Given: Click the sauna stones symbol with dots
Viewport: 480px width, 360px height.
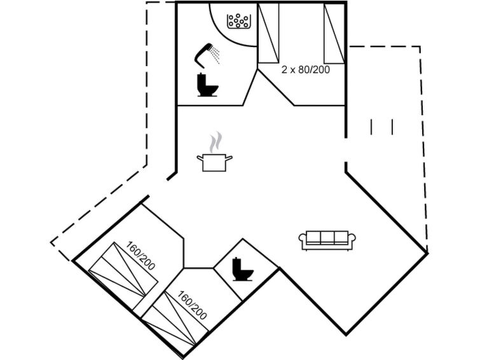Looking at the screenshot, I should coord(240,22).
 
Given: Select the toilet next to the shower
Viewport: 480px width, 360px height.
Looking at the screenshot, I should coord(207,85).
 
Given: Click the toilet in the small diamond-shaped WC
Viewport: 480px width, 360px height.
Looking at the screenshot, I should coord(242,269).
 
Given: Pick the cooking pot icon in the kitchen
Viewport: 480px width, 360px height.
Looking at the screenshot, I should coord(214,162).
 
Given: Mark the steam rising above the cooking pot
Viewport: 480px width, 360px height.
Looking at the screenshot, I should coord(217,141).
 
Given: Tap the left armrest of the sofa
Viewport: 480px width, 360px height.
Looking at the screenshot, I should coord(303,240).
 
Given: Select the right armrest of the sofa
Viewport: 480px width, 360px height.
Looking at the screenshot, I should coord(352,240).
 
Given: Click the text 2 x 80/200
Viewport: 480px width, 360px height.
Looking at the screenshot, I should coord(305,70).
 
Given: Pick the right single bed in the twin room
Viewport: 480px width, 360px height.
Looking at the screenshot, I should coord(334,35).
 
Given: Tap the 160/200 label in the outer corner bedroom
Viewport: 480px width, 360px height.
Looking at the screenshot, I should coord(141,256).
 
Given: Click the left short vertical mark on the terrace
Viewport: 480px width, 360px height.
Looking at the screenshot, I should coord(371,127).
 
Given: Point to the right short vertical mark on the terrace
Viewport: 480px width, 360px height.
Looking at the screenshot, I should coord(392,127).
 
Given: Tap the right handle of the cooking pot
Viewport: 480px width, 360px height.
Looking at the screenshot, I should coord(230,156).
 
